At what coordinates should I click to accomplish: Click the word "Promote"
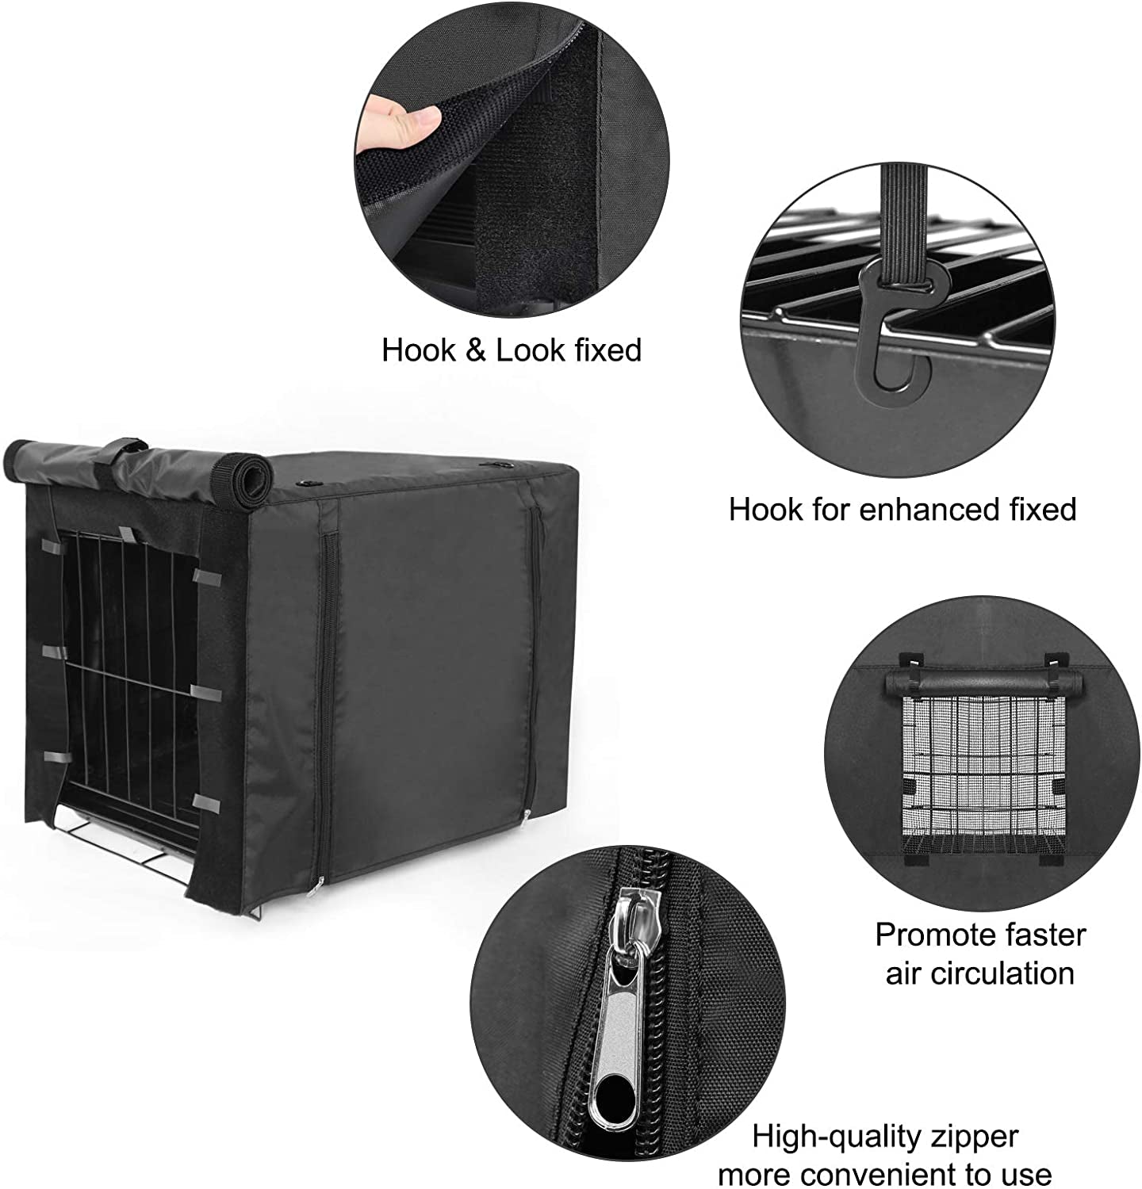click(925, 935)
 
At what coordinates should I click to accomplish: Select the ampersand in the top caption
click(476, 350)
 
